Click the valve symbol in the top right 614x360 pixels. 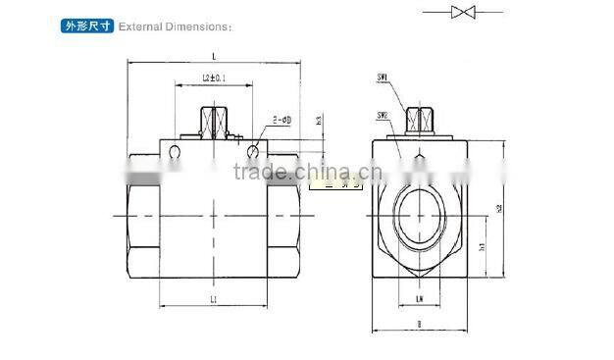(x=462, y=12)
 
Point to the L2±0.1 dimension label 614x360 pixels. (x=214, y=77)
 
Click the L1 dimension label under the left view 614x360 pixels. (x=214, y=296)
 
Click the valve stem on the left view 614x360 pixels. (x=214, y=121)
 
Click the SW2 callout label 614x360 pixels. (x=384, y=115)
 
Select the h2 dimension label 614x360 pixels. (x=497, y=208)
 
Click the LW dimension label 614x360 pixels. (x=419, y=298)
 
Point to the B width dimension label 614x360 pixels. (x=419, y=323)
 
